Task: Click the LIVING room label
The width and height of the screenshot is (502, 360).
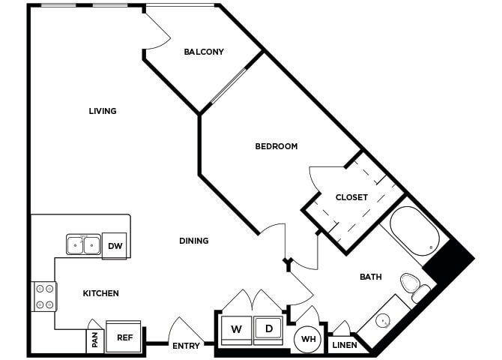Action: click(x=103, y=111)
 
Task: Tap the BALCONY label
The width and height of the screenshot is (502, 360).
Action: click(x=204, y=52)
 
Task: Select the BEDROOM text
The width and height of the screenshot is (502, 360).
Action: click(x=276, y=146)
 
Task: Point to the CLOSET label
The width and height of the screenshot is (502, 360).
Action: click(x=351, y=197)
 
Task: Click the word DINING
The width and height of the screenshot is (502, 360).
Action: click(x=193, y=241)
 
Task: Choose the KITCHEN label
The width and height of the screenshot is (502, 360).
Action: click(x=100, y=293)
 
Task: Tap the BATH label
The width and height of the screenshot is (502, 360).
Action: click(x=370, y=277)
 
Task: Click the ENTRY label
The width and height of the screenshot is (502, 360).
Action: click(x=186, y=346)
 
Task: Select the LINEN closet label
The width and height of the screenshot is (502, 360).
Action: click(x=345, y=346)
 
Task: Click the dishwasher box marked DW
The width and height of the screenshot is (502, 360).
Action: click(x=115, y=246)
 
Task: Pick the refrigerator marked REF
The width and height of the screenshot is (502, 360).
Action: click(x=124, y=337)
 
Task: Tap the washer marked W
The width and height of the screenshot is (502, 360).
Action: click(x=236, y=329)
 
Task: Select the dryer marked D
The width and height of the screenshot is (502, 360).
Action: click(x=269, y=329)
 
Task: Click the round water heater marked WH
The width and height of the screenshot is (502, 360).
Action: click(x=307, y=339)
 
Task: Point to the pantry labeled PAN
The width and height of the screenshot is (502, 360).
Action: click(x=94, y=340)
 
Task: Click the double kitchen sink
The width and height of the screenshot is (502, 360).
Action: click(x=83, y=245)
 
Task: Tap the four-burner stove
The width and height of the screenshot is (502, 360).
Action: click(x=44, y=296)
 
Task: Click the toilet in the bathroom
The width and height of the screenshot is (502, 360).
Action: click(x=412, y=285)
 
